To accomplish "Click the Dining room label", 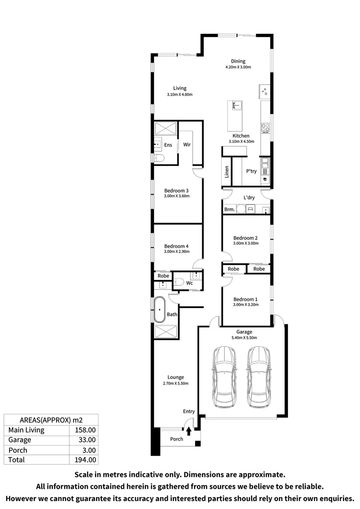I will [238, 61].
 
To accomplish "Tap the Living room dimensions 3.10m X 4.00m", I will [180, 95].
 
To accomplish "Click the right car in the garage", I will [258, 377].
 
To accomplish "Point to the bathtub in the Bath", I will [160, 310].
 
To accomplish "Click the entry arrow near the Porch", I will [189, 431].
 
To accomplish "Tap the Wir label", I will [187, 145].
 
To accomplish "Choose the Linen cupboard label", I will [227, 172].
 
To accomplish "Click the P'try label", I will [251, 171].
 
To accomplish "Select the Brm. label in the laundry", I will [229, 209].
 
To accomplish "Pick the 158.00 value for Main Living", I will [85, 430].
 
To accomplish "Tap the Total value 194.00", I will [85, 460].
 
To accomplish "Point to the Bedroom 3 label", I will [176, 190].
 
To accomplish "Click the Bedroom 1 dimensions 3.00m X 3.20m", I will [246, 305].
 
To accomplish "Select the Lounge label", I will [176, 377].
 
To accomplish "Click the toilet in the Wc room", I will [179, 282].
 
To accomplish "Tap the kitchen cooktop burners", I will [265, 127].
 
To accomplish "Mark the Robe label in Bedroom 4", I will [163, 276].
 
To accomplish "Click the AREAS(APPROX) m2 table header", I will [50, 419].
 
